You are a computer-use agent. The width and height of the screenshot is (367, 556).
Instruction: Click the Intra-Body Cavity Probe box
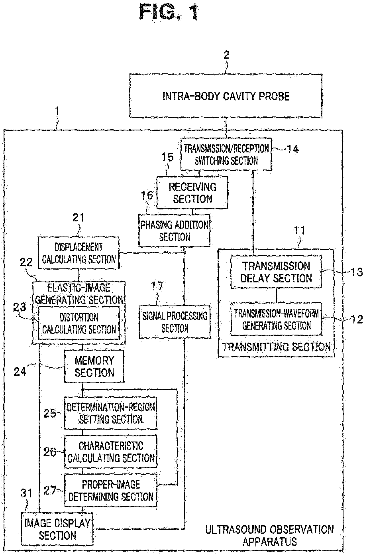tap(226, 96)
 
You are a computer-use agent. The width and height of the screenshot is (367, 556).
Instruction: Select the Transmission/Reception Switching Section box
tap(226, 154)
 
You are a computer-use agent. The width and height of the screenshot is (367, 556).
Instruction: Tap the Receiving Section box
tap(192, 192)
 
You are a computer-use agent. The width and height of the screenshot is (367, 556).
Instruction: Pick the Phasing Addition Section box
tap(174, 231)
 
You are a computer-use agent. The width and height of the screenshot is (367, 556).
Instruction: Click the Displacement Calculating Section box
tap(79, 253)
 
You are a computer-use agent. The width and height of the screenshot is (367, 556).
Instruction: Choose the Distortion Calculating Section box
tap(79, 323)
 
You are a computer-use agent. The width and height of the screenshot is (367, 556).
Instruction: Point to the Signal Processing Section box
tap(175, 322)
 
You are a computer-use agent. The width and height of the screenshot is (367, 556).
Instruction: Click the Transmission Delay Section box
tap(276, 272)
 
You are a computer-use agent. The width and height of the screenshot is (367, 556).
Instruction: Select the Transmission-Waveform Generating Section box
tap(276, 319)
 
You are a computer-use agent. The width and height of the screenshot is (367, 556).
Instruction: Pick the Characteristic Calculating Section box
tap(111, 452)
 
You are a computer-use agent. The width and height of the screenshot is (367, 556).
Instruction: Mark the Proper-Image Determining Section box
tap(111, 491)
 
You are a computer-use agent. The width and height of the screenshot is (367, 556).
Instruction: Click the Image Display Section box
tap(57, 529)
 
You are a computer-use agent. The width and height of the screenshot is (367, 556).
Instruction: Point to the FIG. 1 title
tap(169, 12)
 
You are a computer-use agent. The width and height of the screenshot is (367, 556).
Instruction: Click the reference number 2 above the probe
tap(226, 55)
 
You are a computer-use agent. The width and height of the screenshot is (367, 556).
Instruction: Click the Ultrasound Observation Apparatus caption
tap(269, 535)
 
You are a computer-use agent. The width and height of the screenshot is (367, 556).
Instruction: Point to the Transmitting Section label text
tap(276, 347)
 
